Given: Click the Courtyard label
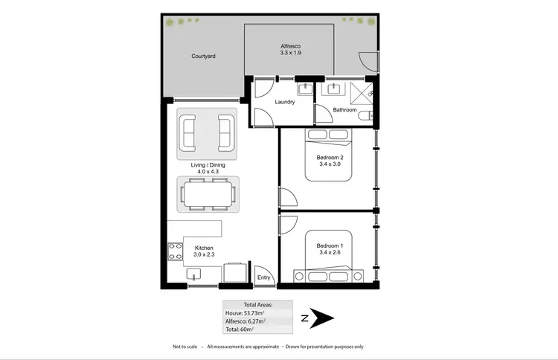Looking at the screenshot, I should [x=203, y=57].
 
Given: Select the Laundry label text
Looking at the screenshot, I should [x=285, y=102].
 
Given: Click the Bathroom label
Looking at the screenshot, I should [x=344, y=110].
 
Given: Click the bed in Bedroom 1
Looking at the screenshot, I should [x=328, y=257].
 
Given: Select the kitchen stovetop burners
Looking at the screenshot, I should [x=176, y=251].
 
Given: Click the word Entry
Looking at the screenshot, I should [x=263, y=277].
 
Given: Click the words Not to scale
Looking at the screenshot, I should [x=185, y=347].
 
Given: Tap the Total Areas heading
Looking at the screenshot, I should [x=258, y=305].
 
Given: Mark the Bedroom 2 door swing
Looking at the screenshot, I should [x=287, y=197].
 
